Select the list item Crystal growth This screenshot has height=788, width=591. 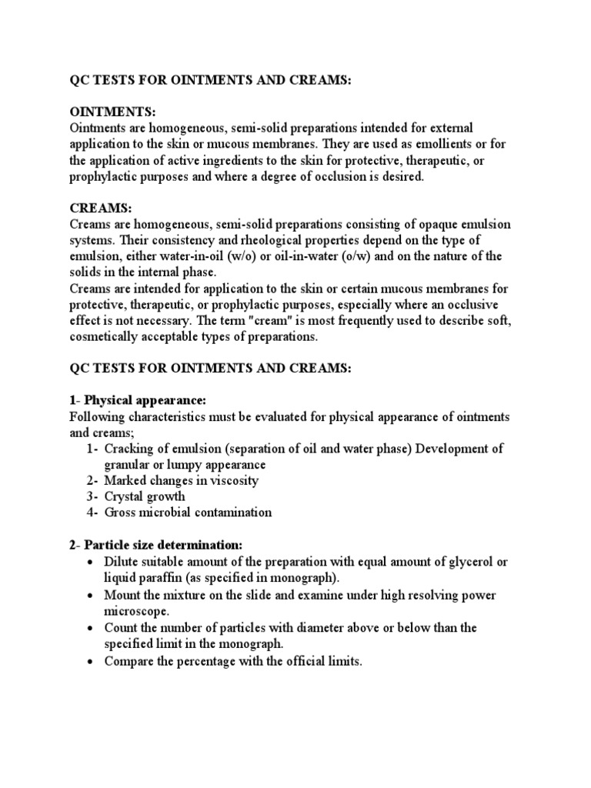[145, 496]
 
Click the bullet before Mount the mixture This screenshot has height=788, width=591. [92, 596]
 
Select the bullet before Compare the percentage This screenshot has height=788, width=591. [92, 661]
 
